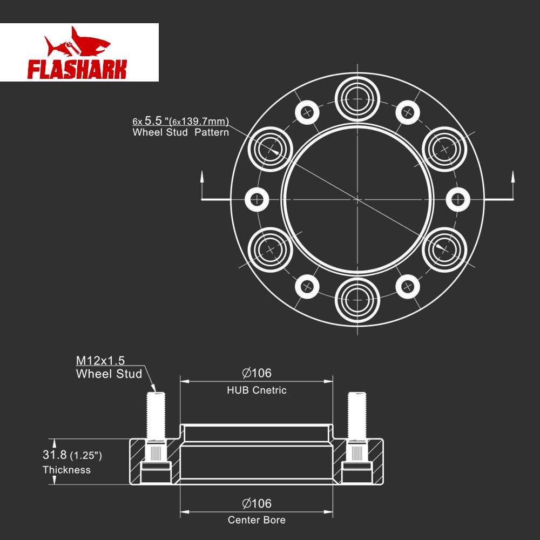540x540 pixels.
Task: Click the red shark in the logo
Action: click(77, 43)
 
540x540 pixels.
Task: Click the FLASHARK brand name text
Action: click(77, 69)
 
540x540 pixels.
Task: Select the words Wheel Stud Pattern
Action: click(181, 132)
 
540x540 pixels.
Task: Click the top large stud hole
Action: click(357, 99)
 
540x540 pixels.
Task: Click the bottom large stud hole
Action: click(357, 300)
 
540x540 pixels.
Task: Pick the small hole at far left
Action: click(256, 199)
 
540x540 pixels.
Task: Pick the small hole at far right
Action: click(458, 199)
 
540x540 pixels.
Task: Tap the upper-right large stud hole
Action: click(444, 150)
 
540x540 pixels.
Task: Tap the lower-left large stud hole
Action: click(271, 249)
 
